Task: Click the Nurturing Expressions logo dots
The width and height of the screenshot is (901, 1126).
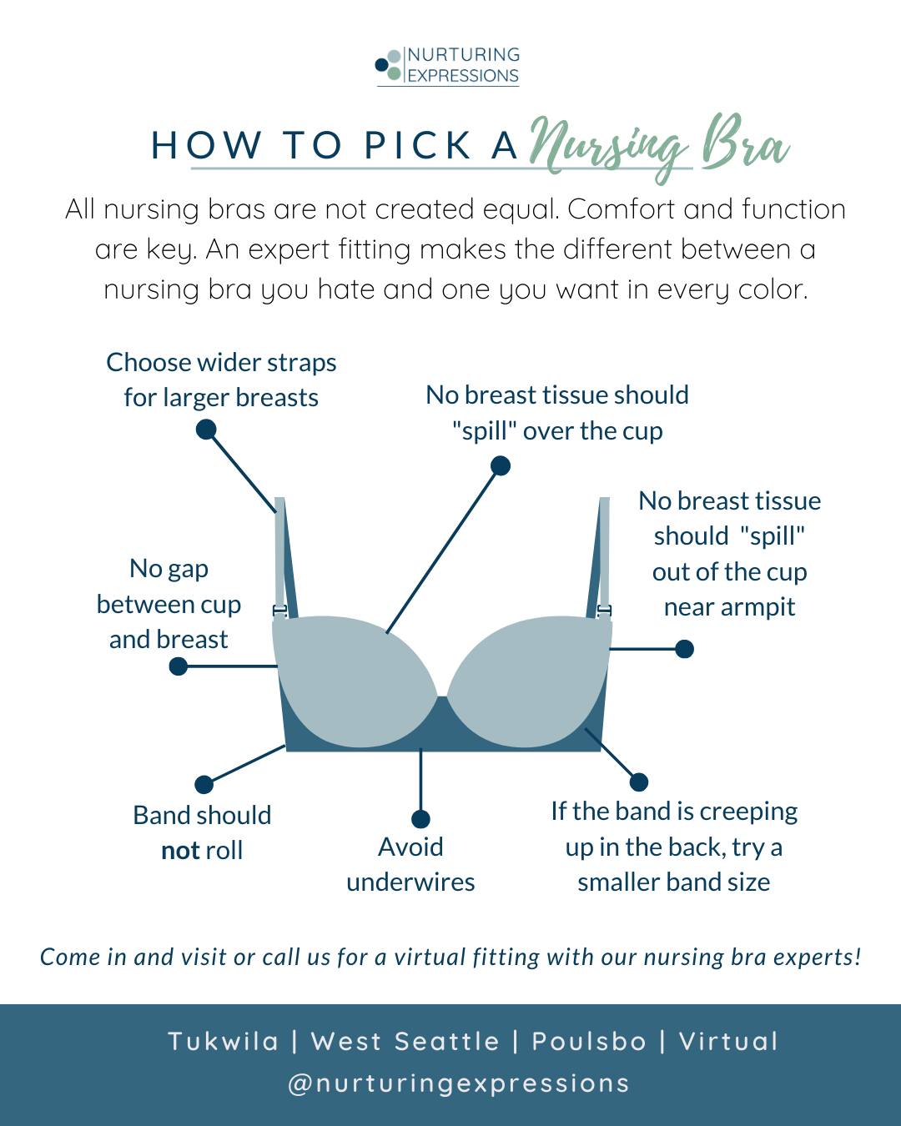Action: click(x=389, y=65)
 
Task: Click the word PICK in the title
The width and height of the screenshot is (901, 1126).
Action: click(x=418, y=145)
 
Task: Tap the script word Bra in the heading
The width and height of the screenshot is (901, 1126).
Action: click(x=746, y=143)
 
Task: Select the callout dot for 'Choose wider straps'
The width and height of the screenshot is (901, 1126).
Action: click(x=206, y=430)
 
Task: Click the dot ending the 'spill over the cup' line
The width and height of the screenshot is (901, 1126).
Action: click(x=501, y=465)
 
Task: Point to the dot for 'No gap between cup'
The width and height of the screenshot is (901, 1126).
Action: click(x=179, y=666)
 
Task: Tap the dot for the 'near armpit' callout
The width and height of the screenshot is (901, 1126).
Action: click(x=684, y=649)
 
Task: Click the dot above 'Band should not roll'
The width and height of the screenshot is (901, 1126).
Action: click(x=204, y=784)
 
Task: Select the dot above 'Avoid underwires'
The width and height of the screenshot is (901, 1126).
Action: click(x=420, y=819)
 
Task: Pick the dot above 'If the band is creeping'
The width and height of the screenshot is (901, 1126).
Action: click(x=639, y=782)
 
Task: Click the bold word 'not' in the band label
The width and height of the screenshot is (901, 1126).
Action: click(x=181, y=851)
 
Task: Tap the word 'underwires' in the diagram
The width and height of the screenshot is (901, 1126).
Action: click(x=410, y=882)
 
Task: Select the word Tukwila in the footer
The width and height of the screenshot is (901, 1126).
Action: click(x=223, y=1042)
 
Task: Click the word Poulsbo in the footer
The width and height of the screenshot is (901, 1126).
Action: click(x=589, y=1042)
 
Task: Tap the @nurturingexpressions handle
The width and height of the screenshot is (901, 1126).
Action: click(x=458, y=1083)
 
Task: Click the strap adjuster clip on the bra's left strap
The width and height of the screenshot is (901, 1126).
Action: click(x=280, y=610)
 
